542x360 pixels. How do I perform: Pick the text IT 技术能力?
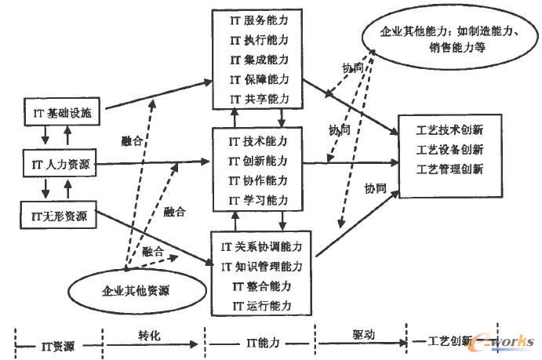(258, 141)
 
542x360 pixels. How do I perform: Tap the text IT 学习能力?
(258, 201)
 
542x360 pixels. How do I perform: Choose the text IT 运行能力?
(262, 306)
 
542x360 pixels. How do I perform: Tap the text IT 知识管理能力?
(267, 266)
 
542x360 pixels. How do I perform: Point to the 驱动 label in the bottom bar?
(363, 334)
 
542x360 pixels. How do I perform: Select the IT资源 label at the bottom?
(57, 344)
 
